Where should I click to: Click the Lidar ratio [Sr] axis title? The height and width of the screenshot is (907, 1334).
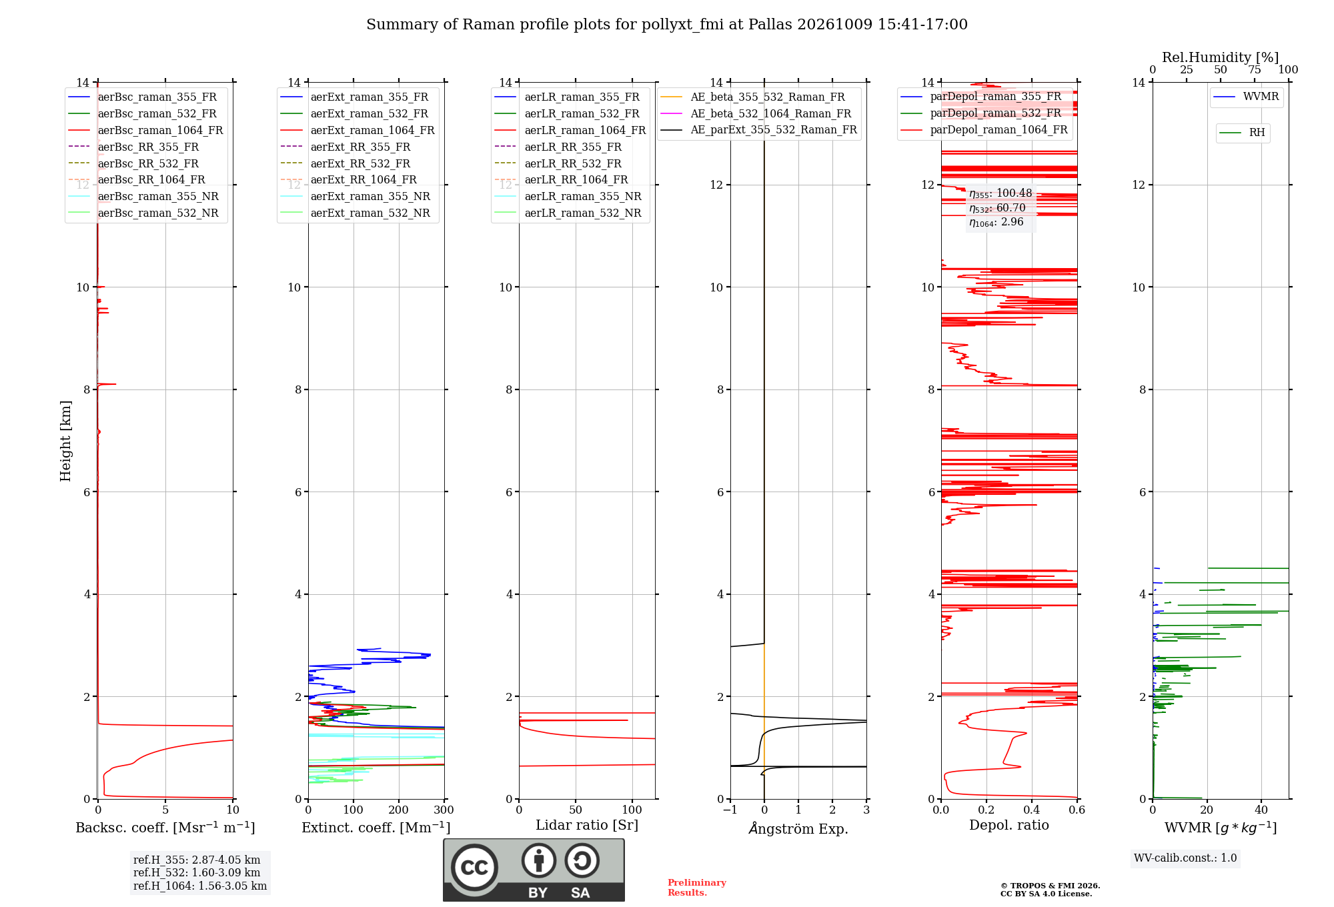pos(587,826)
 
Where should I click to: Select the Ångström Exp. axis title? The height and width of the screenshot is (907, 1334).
pos(798,828)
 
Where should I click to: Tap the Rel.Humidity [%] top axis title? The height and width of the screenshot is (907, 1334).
pos(1221,57)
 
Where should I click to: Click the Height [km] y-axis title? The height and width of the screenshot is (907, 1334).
pos(65,441)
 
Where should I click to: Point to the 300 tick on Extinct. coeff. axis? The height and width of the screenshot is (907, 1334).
pos(444,810)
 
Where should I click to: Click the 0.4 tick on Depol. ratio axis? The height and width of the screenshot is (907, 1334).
pos(1032,810)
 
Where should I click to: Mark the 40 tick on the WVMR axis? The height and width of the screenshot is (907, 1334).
pos(1261,810)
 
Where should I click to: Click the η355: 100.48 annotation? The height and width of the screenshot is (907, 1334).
pos(1000,193)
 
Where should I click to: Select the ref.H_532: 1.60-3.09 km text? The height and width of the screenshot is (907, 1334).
pos(197,872)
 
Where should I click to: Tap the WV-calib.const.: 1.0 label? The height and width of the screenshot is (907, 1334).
pos(1185,858)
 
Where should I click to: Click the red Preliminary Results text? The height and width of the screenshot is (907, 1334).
pos(697,888)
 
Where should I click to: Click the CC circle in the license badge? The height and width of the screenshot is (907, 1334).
pos(474,868)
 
